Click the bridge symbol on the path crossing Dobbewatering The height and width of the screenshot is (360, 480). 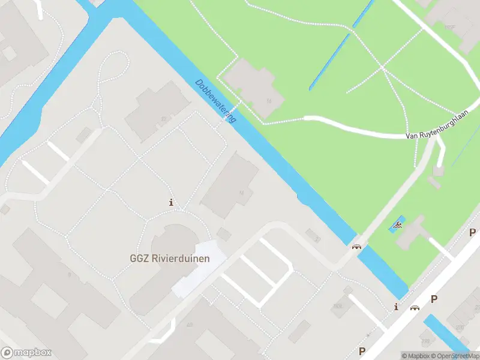[357, 246]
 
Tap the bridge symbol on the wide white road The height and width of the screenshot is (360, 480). [414, 308]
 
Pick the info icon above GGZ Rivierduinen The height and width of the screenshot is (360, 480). [172, 203]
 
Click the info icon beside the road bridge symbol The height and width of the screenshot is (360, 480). [396, 308]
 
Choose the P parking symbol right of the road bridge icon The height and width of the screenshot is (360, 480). [434, 299]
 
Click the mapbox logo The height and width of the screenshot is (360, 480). [26, 353]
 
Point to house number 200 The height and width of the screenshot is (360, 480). [460, 327]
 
